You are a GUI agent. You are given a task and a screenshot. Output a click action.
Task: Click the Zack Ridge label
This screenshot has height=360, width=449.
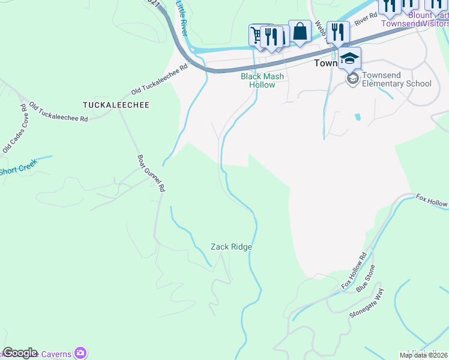pos(231,247)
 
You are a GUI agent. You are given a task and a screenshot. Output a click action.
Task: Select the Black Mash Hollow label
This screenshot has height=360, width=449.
pos(262,80)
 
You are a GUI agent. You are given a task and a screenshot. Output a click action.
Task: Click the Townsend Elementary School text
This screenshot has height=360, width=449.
pos(397,83)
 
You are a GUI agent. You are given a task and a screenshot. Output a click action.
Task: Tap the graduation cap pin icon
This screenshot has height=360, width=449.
pos(349,59)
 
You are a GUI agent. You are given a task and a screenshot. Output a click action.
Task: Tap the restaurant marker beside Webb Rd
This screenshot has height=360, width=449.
pos(339,32)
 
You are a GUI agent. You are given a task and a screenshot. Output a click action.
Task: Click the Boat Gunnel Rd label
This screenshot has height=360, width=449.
pos(151,173)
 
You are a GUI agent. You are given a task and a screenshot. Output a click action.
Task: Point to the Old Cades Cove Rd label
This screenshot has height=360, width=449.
pos(15,128)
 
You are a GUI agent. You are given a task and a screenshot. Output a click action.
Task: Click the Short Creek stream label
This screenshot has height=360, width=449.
pos(18,168)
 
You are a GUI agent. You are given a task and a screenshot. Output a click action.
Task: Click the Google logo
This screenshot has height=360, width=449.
pos(20,352)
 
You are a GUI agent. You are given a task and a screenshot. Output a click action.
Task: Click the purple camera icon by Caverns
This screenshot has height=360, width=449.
pos(80,353)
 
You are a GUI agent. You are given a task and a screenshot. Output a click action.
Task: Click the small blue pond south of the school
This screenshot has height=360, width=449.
pos(358,116)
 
